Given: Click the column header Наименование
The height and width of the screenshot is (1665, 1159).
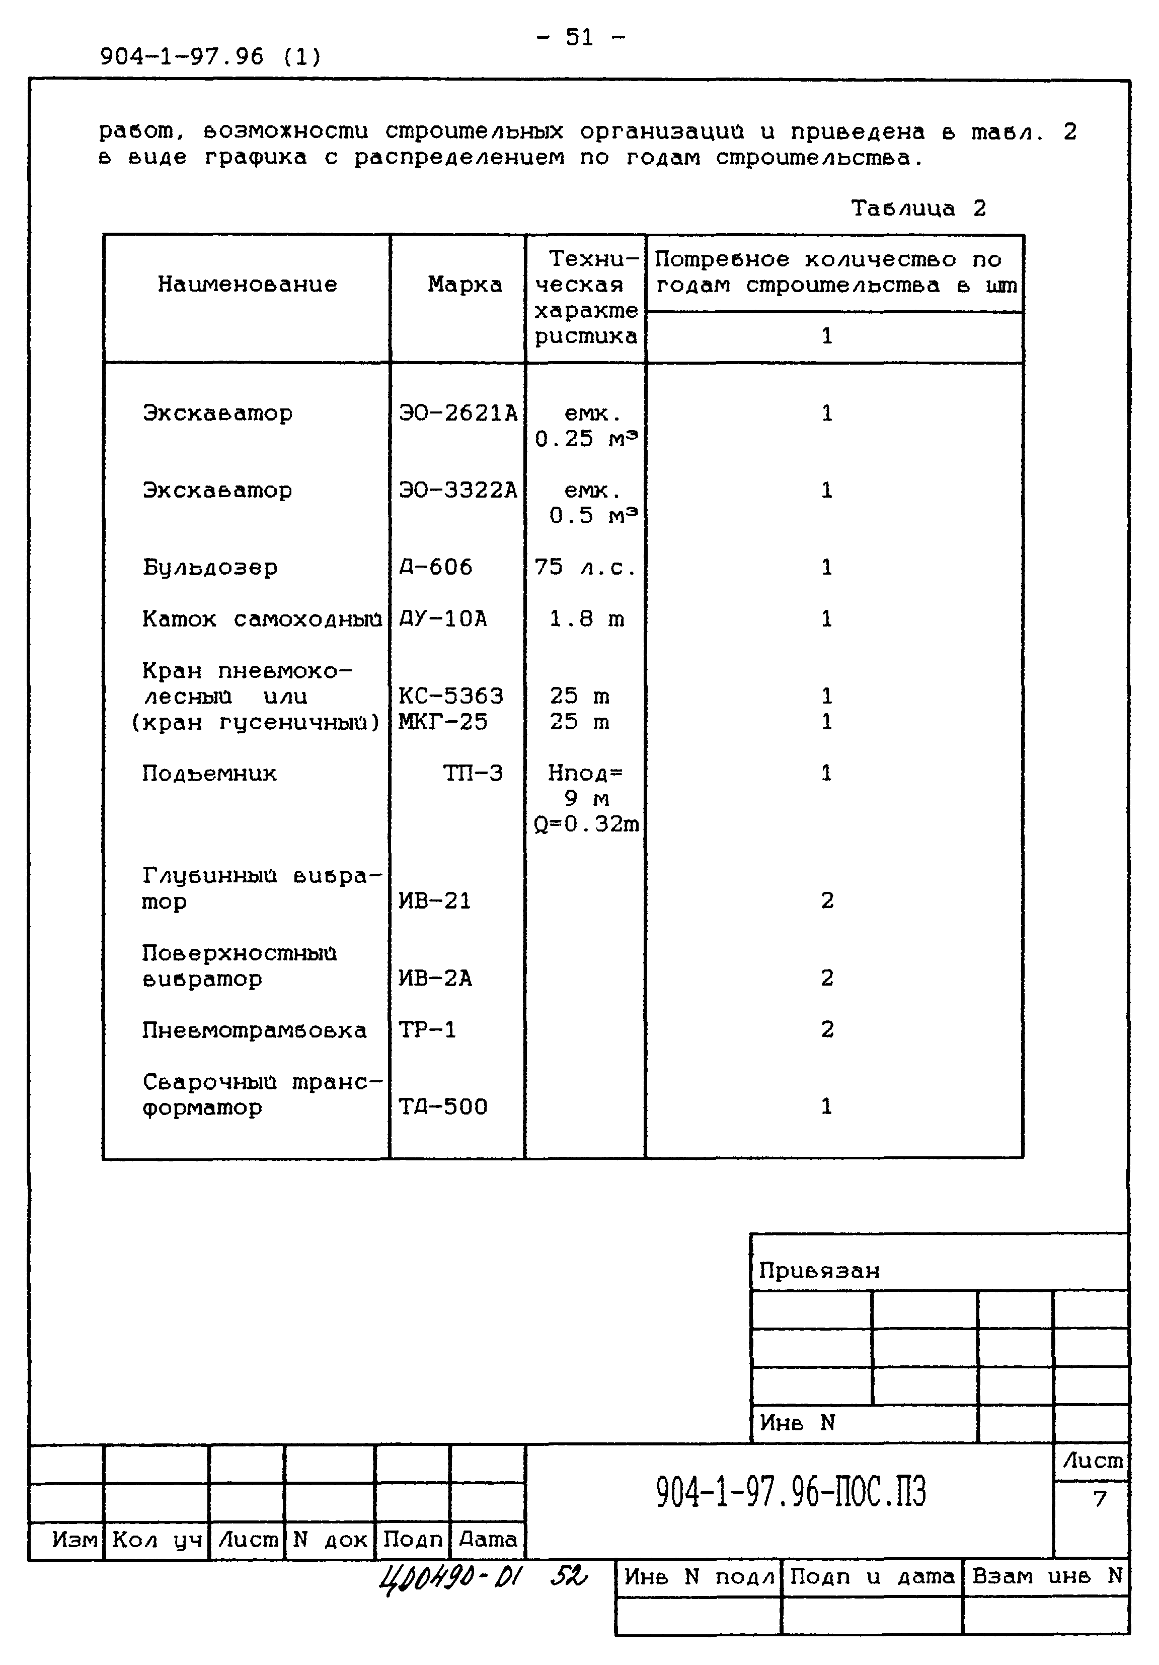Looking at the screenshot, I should [x=247, y=284].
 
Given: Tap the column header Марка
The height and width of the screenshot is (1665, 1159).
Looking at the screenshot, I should [x=465, y=284].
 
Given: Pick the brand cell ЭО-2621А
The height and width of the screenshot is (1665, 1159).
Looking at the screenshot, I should [x=458, y=413].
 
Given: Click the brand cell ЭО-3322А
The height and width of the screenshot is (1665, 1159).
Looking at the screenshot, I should [x=458, y=490].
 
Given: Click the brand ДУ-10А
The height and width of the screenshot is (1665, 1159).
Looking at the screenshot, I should [x=443, y=618].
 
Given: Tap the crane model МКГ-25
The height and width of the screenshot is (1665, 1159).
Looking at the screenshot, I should [x=443, y=722].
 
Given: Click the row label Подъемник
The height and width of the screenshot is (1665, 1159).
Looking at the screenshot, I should [x=209, y=773].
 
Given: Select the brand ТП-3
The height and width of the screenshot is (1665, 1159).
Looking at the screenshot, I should [x=473, y=773].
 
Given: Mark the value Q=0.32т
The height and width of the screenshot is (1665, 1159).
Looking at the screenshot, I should [x=586, y=824].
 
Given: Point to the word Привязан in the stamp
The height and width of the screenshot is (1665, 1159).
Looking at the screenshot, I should [x=819, y=1271].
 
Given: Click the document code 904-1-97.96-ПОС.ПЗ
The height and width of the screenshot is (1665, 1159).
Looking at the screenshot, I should [x=791, y=1492].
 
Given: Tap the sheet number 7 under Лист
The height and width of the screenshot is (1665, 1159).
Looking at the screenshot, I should [x=1100, y=1498].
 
